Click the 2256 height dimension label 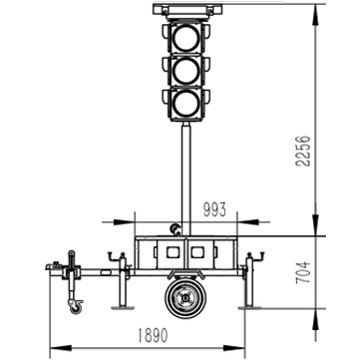(303, 151)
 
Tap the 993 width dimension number (214, 209)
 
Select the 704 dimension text (303, 272)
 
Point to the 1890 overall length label (152, 335)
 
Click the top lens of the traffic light (185, 39)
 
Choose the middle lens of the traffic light (185, 72)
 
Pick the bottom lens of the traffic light (185, 104)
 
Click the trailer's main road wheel (185, 298)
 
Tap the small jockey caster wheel (76, 307)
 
